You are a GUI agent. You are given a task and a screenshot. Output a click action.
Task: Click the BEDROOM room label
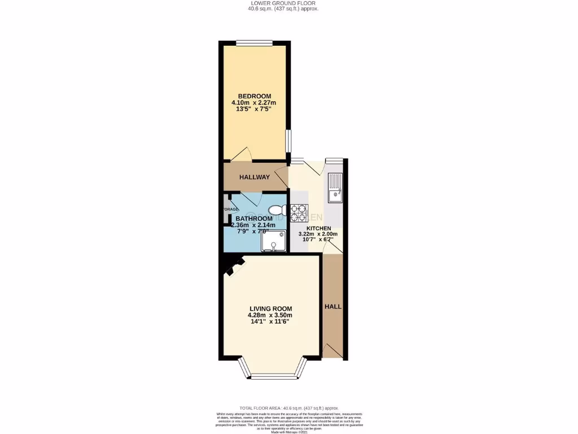pyautogui.click(x=254, y=96)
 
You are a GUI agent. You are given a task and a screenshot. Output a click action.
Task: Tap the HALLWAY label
pyautogui.click(x=254, y=177)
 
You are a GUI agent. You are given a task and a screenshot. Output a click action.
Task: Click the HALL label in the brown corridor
pyautogui.click(x=333, y=306)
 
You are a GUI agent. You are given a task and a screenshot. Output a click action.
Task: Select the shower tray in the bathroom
pyautogui.click(x=273, y=241)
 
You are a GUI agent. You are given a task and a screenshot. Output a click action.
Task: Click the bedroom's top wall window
pyautogui.click(x=254, y=42)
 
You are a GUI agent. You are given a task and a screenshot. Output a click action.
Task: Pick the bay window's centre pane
pyautogui.click(x=273, y=376)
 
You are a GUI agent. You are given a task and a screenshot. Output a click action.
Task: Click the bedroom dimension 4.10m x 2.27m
pyautogui.click(x=254, y=102)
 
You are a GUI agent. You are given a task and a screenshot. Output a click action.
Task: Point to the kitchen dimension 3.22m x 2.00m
pyautogui.click(x=318, y=234)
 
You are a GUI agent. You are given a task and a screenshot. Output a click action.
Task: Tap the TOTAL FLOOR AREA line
pyautogui.click(x=288, y=407)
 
